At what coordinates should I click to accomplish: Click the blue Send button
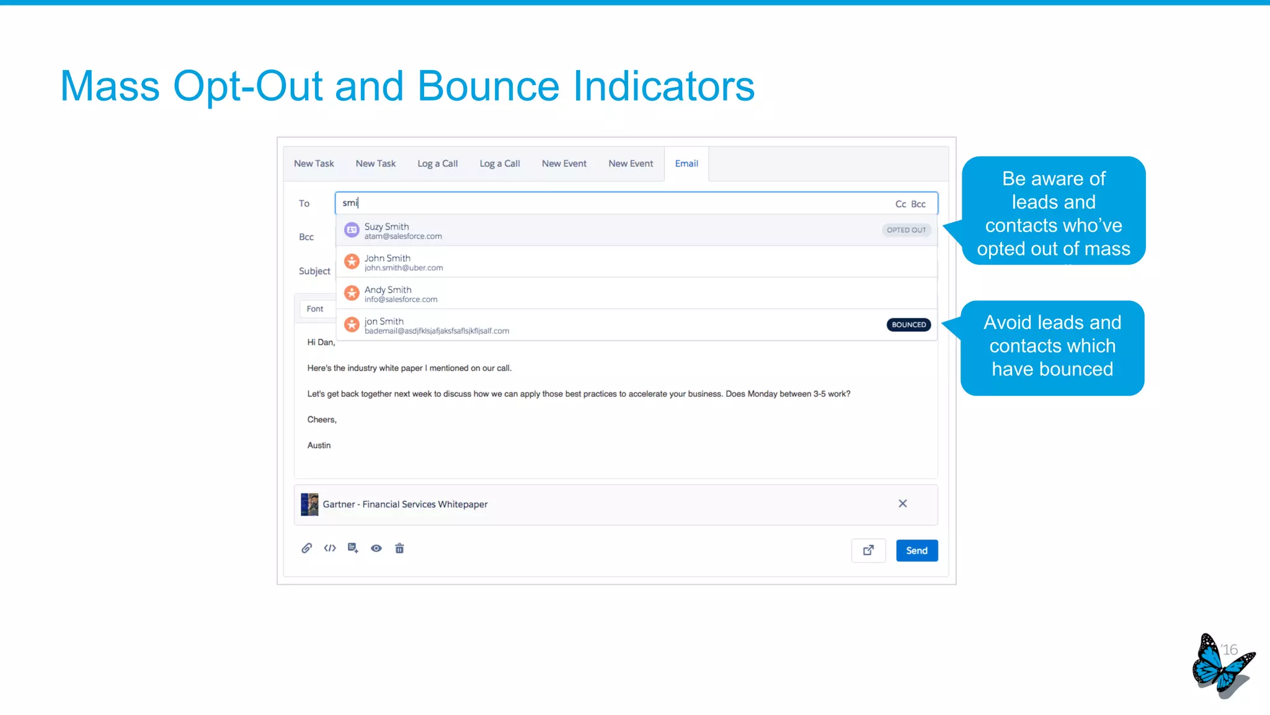pos(917,551)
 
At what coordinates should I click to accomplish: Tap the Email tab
pos(686,164)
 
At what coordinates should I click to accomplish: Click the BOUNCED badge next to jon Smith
pos(908,325)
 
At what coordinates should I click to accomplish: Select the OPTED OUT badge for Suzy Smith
pos(906,230)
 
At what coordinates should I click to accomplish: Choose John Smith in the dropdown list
pos(388,262)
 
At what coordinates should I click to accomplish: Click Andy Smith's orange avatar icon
pos(352,293)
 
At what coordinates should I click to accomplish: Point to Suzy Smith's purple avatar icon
pos(352,230)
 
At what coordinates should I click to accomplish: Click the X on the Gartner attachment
pos(903,503)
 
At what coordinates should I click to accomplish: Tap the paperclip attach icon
pos(306,548)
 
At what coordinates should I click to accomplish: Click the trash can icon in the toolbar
pos(399,548)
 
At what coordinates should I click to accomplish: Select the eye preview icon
pos(376,548)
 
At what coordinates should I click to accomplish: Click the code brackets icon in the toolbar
pos(330,548)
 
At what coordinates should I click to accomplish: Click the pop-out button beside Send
pos(868,551)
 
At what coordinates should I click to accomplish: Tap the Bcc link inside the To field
pos(918,204)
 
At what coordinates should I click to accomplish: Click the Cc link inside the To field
pos(900,204)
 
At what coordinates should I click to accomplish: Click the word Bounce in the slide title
pos(488,86)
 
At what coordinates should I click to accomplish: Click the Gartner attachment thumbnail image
pos(309,505)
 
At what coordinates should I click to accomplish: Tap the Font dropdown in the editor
pos(315,309)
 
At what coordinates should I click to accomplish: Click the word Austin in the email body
pos(319,446)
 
